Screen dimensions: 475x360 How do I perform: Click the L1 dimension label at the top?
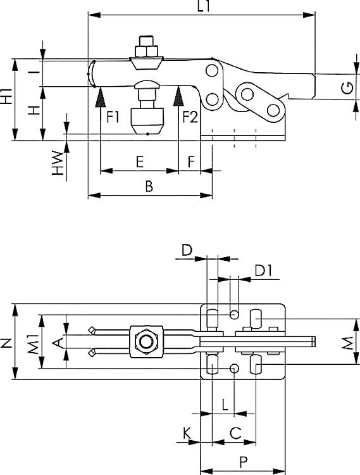[204, 6]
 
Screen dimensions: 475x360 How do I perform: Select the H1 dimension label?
[6, 97]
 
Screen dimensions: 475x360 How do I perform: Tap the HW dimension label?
[58, 163]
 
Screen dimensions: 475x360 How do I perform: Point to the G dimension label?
[347, 88]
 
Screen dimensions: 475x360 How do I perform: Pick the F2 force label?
[190, 117]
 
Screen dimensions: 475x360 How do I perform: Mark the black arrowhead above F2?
[178, 97]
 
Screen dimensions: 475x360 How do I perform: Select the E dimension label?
[140, 162]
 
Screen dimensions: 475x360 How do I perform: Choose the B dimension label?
[149, 187]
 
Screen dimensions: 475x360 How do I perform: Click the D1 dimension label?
[263, 271]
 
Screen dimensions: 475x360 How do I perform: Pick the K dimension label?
[187, 433]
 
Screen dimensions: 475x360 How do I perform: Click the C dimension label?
[235, 433]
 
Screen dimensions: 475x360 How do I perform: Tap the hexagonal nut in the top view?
[146, 343]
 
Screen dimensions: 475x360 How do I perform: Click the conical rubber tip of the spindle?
[147, 121]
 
